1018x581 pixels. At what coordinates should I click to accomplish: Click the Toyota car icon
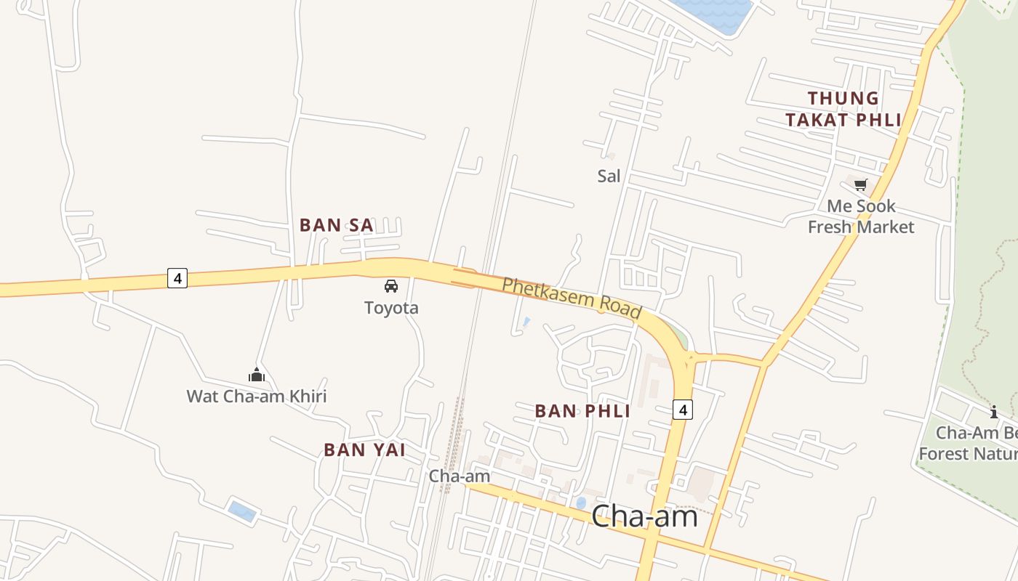[391, 285]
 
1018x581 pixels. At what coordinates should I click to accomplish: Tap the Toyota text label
[391, 307]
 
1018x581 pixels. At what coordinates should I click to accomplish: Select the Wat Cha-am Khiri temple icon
[256, 375]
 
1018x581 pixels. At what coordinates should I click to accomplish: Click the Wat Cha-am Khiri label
[256, 396]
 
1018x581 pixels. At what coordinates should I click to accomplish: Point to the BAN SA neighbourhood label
[337, 225]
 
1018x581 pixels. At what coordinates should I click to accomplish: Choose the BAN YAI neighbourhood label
[364, 450]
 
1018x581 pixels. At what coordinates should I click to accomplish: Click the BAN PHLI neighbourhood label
[582, 411]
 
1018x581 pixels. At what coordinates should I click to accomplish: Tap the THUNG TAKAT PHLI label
[843, 109]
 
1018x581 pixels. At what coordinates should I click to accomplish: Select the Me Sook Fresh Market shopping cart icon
[861, 184]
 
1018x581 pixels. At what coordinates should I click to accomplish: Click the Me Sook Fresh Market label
[861, 216]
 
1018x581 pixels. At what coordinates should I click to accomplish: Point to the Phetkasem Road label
[572, 297]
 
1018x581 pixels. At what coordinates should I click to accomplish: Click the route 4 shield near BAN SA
[177, 277]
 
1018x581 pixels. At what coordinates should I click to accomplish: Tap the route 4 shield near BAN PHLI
[682, 410]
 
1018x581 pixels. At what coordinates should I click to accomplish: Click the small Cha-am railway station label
[459, 476]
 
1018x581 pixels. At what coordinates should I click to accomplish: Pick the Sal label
[609, 176]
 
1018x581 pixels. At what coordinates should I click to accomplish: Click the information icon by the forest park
[994, 413]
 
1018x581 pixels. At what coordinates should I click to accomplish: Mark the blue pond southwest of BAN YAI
[242, 511]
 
